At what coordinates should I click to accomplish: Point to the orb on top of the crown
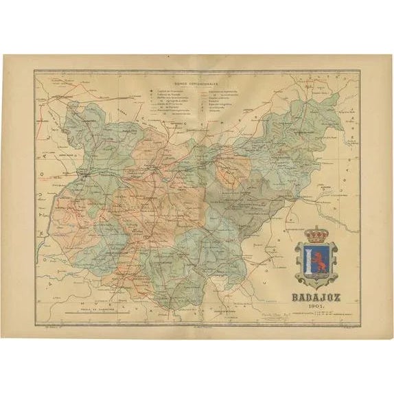pyautogui.click(x=316, y=226)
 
